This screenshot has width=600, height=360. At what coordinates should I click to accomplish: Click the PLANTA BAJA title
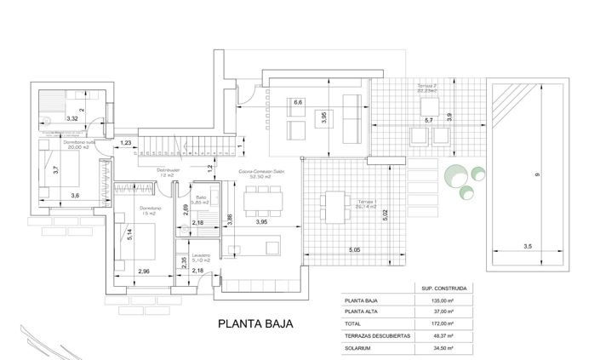pyautogui.click(x=256, y=323)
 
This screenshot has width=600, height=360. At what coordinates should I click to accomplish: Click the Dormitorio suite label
pyautogui.click(x=79, y=142)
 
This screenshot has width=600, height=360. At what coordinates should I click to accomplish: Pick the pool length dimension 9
pyautogui.click(x=537, y=174)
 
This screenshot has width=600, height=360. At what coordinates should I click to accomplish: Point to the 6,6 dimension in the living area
pyautogui.click(x=298, y=103)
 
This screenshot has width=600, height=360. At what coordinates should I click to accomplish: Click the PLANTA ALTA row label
pyautogui.click(x=361, y=312)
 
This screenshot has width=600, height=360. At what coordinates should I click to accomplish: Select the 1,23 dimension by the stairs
pyautogui.click(x=126, y=143)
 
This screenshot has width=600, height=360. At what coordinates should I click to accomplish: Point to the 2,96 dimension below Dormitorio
pyautogui.click(x=142, y=271)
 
